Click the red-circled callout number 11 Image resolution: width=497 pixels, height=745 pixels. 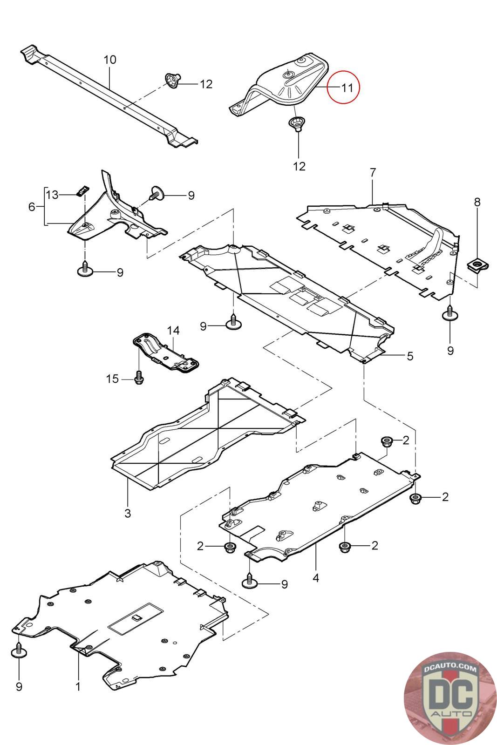pos(347,87)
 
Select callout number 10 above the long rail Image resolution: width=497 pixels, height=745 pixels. pos(110,60)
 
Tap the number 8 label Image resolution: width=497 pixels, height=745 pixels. pos(477,202)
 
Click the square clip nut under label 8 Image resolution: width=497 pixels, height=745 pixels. pos(477,267)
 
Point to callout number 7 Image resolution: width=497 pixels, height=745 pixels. pos(373,172)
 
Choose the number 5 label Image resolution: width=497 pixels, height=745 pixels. pos(410,356)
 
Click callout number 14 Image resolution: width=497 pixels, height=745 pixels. pos(173,331)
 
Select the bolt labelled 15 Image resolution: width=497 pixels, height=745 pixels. pos(139,378)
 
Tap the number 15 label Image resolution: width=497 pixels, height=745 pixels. pos(112,379)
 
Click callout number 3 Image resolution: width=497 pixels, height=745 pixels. pos(128,513)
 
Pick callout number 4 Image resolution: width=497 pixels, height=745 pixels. pos(316,578)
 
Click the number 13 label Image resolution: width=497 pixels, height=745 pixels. pos(52,194)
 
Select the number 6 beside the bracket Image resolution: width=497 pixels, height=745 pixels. pos(32,206)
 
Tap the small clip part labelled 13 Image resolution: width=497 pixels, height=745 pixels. pos(82,190)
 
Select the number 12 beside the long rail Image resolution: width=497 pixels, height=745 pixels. pos(206,84)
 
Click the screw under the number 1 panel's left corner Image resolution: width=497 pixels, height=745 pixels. pos(19,650)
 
